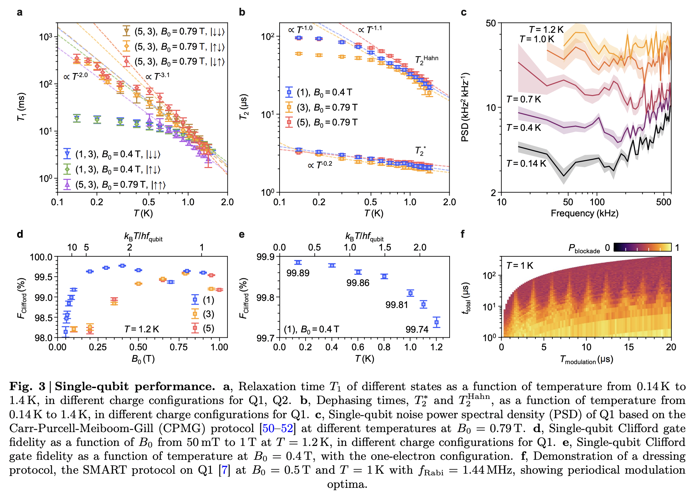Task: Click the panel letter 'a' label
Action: click(x=20, y=13)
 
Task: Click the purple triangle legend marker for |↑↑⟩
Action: click(x=67, y=185)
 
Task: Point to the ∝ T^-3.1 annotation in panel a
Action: click(x=158, y=76)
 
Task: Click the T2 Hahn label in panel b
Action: click(x=427, y=60)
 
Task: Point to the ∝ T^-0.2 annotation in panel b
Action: click(x=320, y=165)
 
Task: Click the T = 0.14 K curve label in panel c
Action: click(x=526, y=164)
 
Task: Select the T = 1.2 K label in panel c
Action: click(x=546, y=30)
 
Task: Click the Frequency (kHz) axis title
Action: click(x=584, y=213)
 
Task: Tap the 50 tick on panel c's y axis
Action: click(x=491, y=23)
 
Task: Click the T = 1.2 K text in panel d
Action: click(x=142, y=329)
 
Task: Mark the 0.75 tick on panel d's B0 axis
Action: click(x=178, y=347)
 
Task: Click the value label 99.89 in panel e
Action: click(x=298, y=273)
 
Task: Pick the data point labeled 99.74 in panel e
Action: click(x=436, y=322)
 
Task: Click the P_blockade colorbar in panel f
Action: click(x=642, y=247)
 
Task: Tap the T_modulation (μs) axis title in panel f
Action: click(x=587, y=359)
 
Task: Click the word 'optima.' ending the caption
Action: click(x=347, y=484)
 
